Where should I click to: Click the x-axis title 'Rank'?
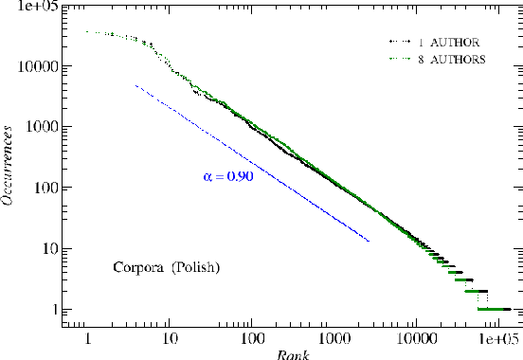289,353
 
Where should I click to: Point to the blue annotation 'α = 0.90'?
228,176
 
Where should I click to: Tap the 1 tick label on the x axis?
87,335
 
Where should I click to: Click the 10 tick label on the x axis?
169,335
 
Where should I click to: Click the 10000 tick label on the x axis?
414,335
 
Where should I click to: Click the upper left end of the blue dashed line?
136,85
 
